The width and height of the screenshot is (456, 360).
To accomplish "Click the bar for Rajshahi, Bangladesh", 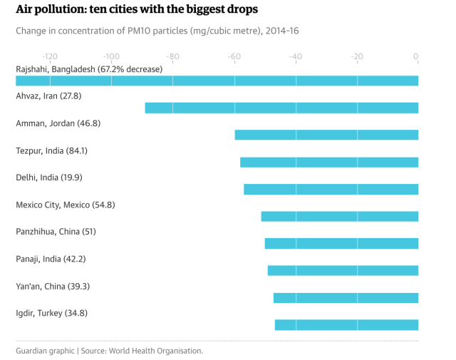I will click(217, 81).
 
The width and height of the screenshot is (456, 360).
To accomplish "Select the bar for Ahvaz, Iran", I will click(281, 108).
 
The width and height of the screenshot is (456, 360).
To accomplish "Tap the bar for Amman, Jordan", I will click(326, 135).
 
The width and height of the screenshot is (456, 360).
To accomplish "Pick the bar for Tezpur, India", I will click(329, 162).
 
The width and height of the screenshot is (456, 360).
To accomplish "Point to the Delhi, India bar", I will click(331, 189).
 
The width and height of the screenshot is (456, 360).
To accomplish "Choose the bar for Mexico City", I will click(340, 216).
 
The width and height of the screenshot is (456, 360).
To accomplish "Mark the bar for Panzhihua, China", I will click(341, 243).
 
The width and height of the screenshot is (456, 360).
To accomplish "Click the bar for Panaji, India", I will click(343, 270).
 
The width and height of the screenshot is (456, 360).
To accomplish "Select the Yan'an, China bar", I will click(346, 297).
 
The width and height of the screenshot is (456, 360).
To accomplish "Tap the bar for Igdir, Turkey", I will click(346, 324).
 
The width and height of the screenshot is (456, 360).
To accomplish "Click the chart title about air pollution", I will click(137, 10).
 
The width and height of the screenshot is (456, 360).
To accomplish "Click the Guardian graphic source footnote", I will click(110, 351).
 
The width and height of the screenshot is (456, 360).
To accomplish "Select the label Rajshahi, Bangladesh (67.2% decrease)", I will click(89, 69).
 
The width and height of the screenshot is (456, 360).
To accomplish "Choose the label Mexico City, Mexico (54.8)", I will click(66, 205).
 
